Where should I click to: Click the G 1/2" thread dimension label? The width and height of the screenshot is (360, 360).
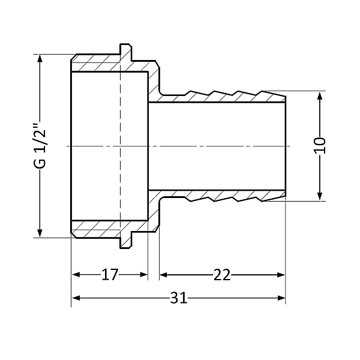click(x=40, y=146)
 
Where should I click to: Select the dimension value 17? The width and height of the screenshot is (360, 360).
click(x=109, y=275)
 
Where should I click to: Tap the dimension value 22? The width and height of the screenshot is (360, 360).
click(x=222, y=275)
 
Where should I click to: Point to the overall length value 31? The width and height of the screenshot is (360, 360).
click(x=178, y=298)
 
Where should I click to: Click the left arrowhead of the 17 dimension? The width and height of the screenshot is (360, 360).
click(x=76, y=275)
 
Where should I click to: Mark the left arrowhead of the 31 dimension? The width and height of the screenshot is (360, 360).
click(x=76, y=298)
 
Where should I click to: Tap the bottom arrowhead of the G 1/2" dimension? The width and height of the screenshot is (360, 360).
click(x=40, y=233)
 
